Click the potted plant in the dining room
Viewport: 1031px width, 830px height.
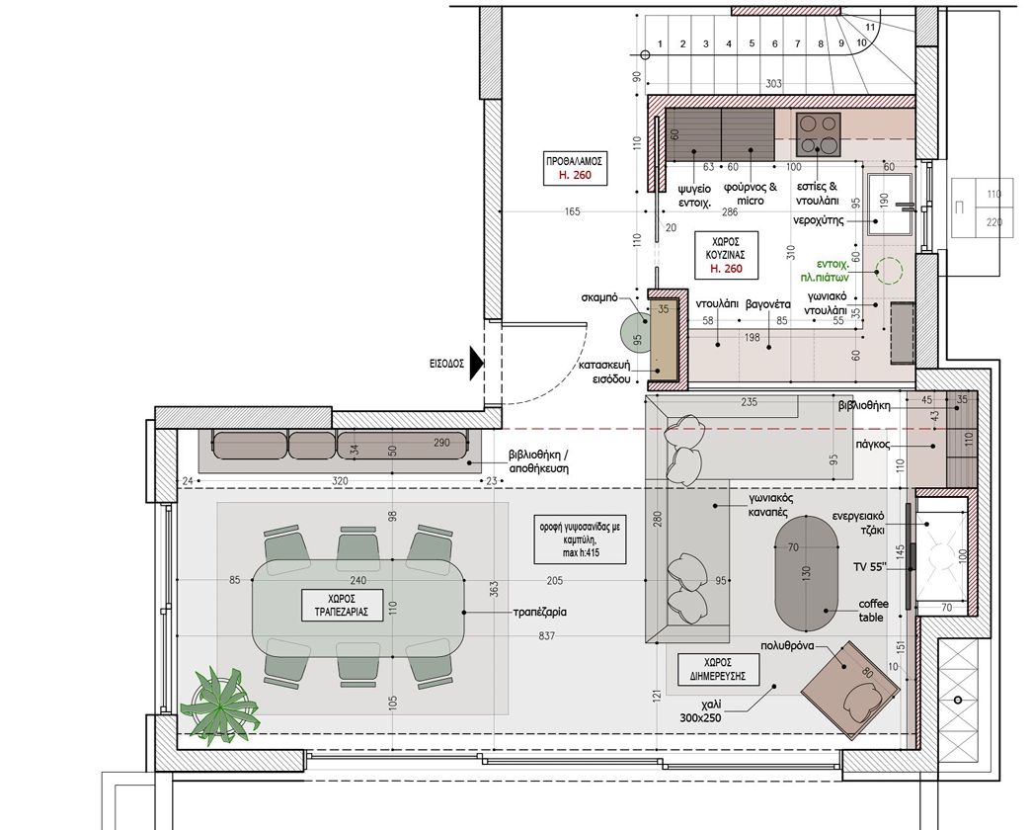point(219,706)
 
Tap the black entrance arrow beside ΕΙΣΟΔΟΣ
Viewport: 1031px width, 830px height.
point(477,364)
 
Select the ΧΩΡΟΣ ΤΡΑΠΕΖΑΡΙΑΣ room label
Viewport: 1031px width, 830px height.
point(342,605)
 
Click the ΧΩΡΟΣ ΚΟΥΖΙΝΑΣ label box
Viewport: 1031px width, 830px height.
point(726,255)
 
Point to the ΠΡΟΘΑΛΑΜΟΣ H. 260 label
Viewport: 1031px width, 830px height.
point(575,168)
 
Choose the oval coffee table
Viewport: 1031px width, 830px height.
point(806,573)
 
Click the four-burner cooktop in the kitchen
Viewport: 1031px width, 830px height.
point(819,134)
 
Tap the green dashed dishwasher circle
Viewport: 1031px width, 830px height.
point(889,271)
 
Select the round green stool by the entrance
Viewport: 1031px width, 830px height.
point(634,332)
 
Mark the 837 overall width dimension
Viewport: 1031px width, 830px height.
point(546,636)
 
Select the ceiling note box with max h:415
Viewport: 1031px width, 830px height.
point(580,539)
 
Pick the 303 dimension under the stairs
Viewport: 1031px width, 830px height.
point(773,84)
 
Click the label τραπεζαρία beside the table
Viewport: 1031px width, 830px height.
point(539,612)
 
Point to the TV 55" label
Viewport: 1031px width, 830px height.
point(869,567)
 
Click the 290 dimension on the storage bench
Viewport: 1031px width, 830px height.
point(441,443)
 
